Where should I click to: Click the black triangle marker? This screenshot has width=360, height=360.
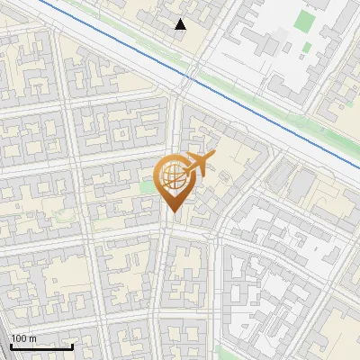181,24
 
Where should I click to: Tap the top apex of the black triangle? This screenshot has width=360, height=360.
181,19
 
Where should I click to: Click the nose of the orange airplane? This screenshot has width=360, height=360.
213,156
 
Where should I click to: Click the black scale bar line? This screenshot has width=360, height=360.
40,346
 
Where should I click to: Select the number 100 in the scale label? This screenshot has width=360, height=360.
18,338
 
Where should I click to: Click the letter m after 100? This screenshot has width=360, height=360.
32,338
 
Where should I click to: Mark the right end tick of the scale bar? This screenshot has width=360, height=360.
72,345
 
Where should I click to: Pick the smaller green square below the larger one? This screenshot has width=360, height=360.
307,47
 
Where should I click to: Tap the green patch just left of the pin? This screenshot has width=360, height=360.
147,188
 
